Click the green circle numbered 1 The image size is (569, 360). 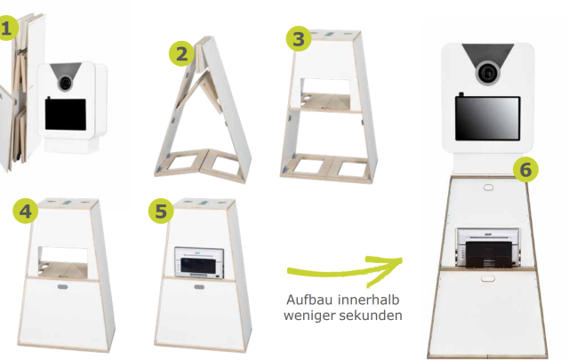[6, 28]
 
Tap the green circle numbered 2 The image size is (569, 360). [181, 53]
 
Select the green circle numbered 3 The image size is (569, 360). [299, 38]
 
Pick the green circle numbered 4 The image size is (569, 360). [26, 211]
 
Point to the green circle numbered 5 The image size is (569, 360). [161, 211]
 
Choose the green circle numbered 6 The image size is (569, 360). [525, 170]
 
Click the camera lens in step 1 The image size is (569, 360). [65, 83]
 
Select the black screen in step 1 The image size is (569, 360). [66, 115]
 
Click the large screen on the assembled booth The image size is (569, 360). [488, 118]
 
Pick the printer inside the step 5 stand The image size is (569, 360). [199, 263]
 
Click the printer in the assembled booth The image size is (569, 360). [488, 248]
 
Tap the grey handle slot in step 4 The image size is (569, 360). [62, 287]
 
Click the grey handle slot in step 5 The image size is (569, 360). [199, 287]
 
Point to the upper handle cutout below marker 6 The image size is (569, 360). [488, 188]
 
